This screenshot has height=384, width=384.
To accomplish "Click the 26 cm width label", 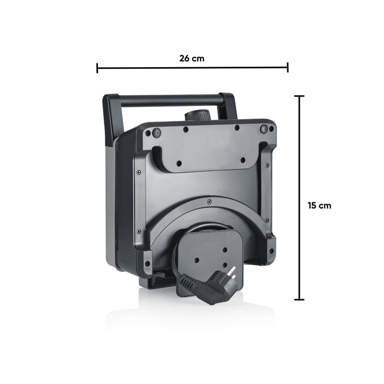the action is pyautogui.click(x=192, y=59).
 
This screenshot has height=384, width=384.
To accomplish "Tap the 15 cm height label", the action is pyautogui.click(x=319, y=205).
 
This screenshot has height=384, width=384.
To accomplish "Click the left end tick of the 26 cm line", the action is pyautogui.click(x=97, y=68).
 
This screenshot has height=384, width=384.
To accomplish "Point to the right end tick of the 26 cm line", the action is pyautogui.click(x=288, y=67).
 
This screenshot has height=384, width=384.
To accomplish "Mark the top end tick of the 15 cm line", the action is pyautogui.click(x=299, y=96).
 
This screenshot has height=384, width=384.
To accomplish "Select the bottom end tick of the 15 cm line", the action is pyautogui.click(x=299, y=299).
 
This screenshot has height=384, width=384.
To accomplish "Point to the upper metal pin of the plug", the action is pyautogui.click(x=232, y=271).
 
